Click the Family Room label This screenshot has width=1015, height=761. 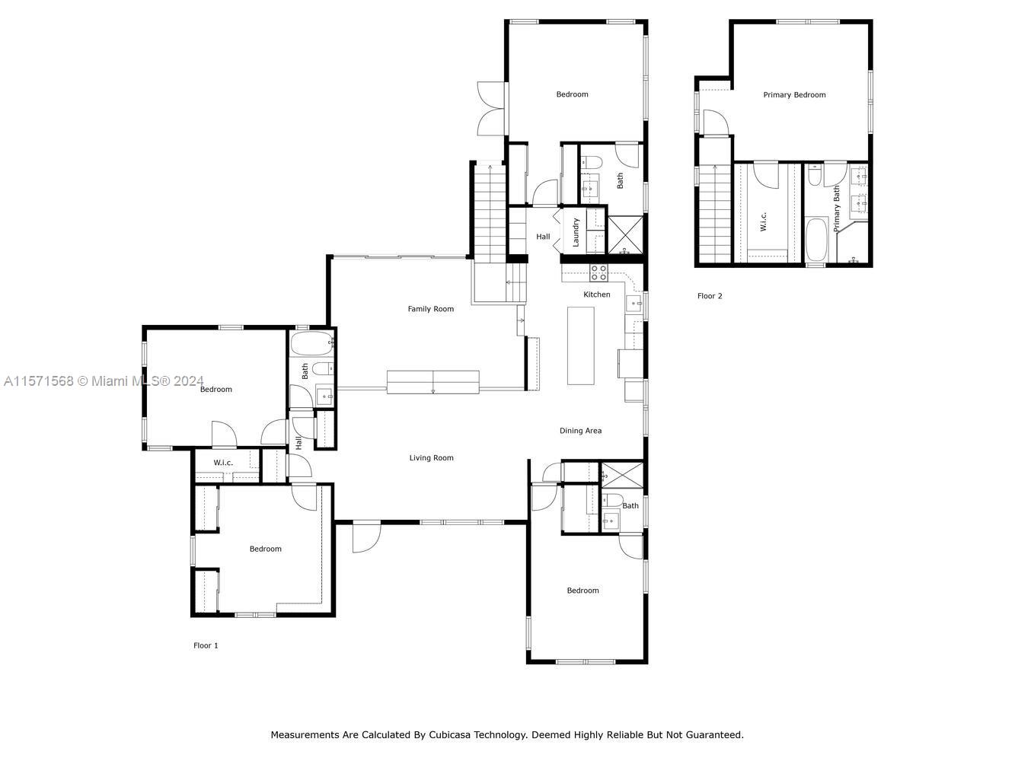430,309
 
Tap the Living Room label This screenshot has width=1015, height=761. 431,458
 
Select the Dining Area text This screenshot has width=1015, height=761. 580,431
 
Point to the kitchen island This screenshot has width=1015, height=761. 580,345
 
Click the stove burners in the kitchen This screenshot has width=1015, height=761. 598,272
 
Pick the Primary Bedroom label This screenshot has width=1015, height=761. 794,95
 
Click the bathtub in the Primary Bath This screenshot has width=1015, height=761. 816,240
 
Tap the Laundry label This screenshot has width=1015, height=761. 576,232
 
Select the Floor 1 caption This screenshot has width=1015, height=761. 206,645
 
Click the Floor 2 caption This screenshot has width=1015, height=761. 710,296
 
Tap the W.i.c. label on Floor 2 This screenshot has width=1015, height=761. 764,221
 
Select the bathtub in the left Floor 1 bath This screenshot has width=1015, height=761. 312,343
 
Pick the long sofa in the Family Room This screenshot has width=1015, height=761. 432,381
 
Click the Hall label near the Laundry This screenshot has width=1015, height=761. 543,237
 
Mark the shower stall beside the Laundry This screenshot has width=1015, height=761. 625,234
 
